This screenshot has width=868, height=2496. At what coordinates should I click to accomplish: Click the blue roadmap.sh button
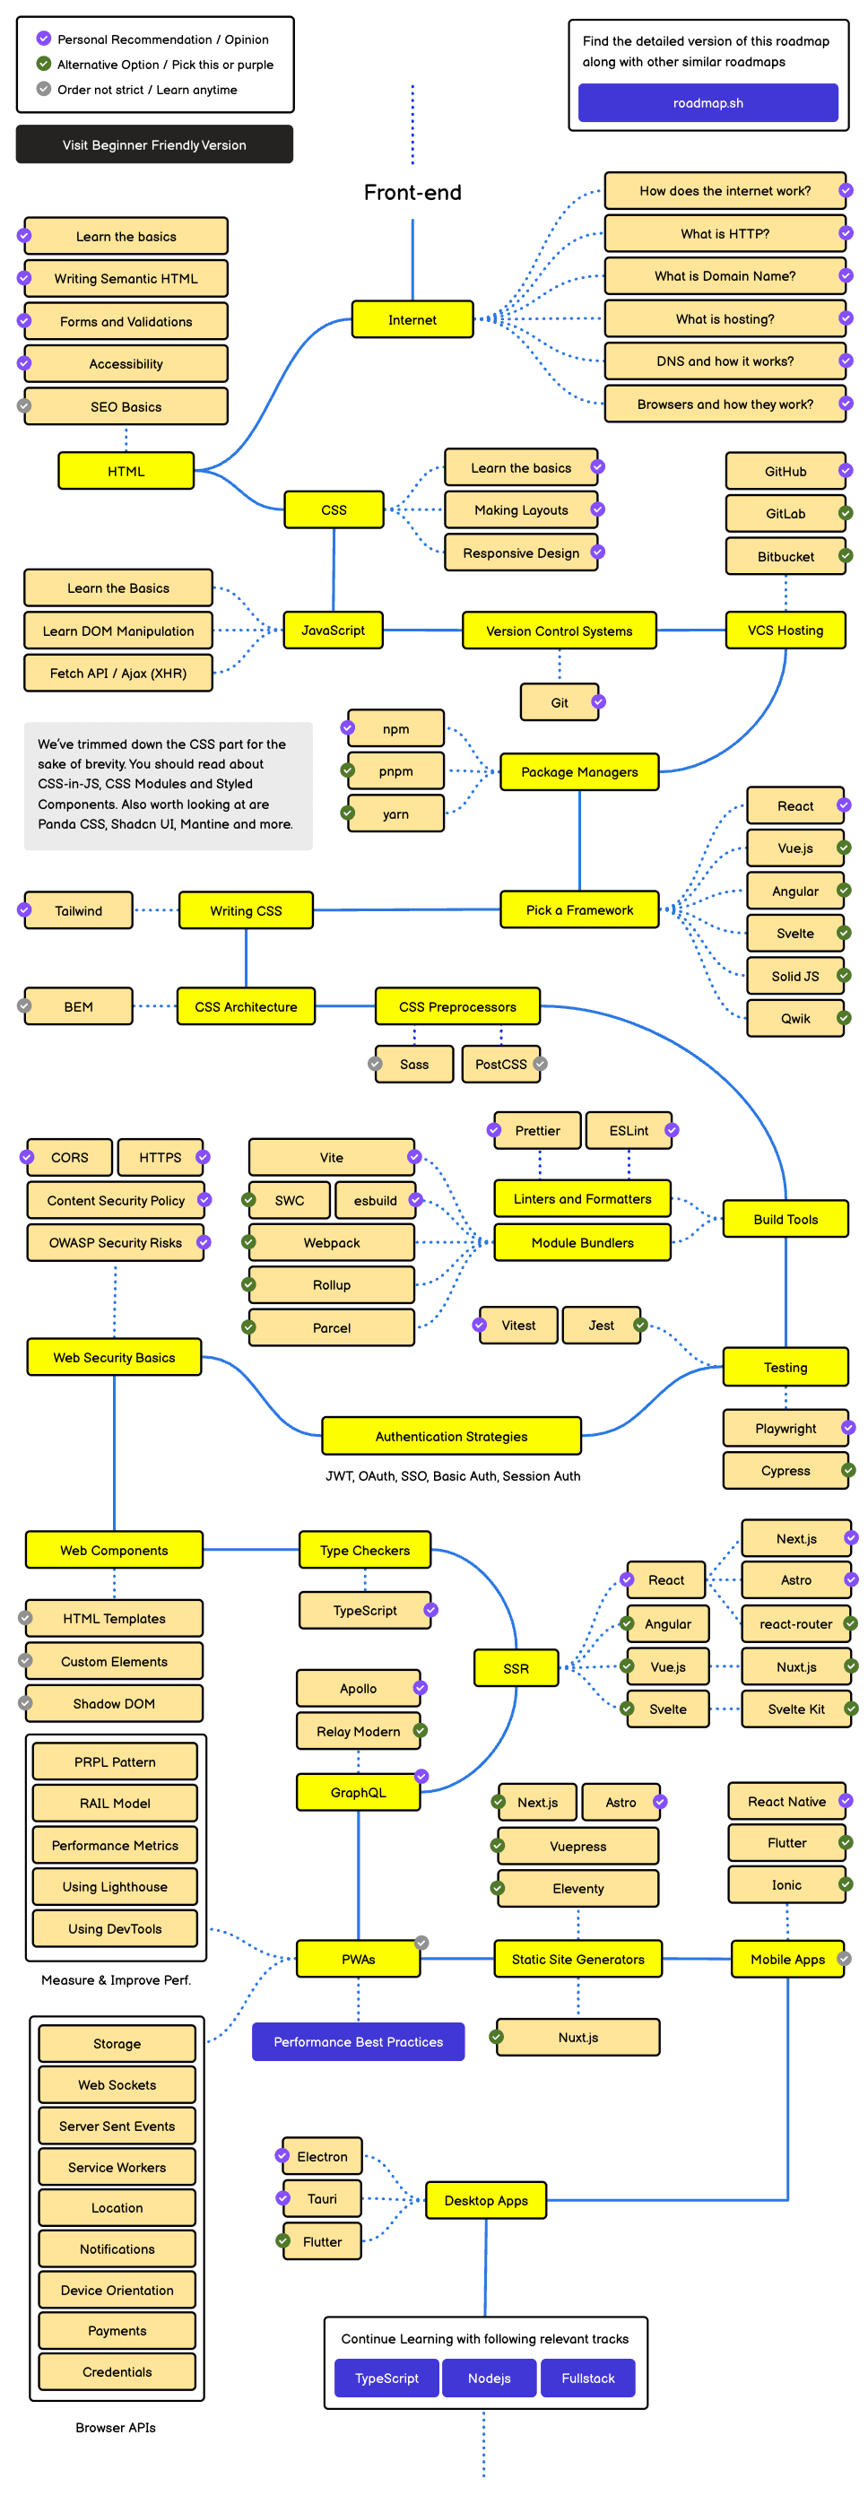707,103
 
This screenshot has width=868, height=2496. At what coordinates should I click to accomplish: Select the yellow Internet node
412,320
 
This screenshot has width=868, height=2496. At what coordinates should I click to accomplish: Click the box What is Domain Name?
724,276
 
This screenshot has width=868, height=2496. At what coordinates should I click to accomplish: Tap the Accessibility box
126,364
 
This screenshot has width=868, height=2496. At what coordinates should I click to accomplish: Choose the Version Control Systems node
559,631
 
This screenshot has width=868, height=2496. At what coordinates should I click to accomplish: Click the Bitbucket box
785,557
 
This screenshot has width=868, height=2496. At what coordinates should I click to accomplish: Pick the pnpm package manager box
395,771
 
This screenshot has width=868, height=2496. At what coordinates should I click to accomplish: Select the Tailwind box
79,911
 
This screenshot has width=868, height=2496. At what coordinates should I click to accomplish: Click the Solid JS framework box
794,977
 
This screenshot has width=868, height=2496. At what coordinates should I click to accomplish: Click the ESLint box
628,1131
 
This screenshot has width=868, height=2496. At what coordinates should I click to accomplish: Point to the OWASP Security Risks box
116,1243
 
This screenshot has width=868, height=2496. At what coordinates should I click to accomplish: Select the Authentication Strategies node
451,1437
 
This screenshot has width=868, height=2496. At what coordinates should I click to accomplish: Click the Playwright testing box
785,1428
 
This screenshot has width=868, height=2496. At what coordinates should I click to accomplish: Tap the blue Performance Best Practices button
358,2041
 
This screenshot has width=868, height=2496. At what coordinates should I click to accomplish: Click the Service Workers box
117,2167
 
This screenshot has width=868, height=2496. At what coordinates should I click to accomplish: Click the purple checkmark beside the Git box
598,701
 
